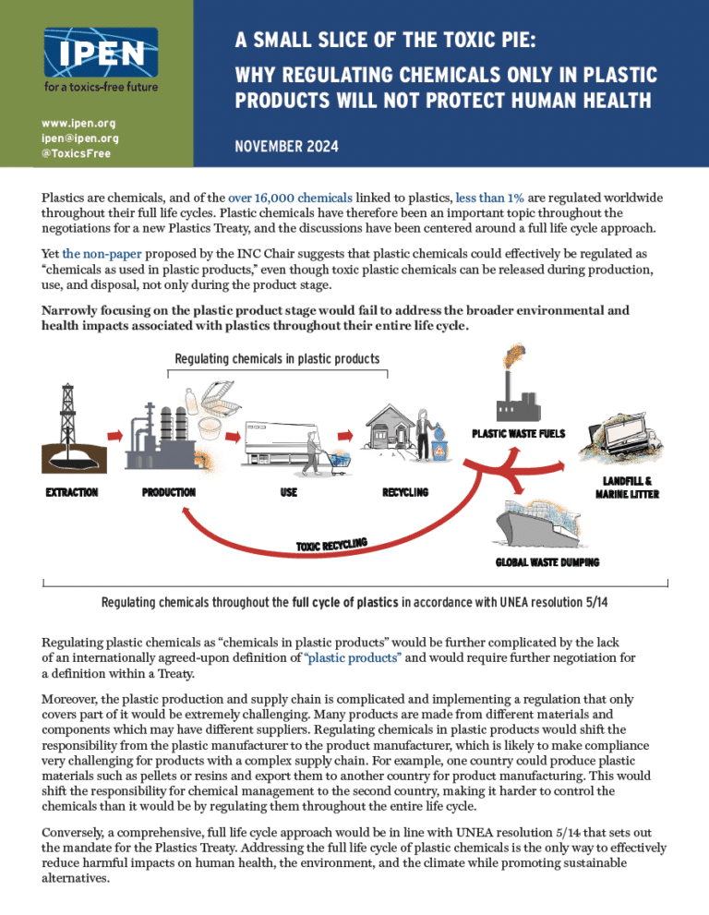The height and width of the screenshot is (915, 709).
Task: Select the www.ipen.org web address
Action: pyautogui.click(x=73, y=123)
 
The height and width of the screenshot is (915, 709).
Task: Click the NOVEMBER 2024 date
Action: pyautogui.click(x=286, y=146)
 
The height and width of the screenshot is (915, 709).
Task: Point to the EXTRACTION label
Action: pyautogui.click(x=72, y=492)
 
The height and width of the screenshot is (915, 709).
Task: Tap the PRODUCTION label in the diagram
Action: pyautogui.click(x=169, y=492)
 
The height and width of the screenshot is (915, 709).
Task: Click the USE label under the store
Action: pyautogui.click(x=288, y=492)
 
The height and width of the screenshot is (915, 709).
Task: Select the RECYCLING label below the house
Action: pyautogui.click(x=404, y=492)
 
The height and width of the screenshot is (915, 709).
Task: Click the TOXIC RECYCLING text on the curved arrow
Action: pyautogui.click(x=332, y=546)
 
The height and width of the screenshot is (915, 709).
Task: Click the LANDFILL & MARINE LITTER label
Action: pyautogui.click(x=631, y=487)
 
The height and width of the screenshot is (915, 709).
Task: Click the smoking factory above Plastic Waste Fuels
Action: pyautogui.click(x=518, y=392)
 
